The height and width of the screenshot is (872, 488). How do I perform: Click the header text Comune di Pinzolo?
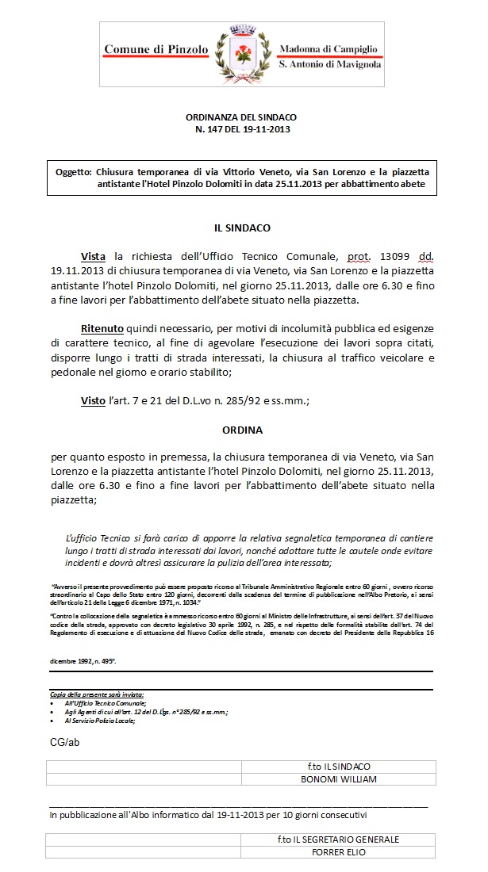[156, 49]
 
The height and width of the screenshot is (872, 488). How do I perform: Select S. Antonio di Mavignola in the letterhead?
[329, 63]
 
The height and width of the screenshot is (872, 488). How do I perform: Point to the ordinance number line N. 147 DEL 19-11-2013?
[243, 128]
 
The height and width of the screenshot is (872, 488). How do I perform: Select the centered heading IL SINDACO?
[243, 228]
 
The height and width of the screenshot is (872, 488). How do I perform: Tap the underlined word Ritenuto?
[102, 328]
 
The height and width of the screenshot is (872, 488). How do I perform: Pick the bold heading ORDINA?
[243, 430]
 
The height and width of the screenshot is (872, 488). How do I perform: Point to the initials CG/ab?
[63, 742]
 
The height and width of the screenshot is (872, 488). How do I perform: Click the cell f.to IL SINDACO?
[338, 767]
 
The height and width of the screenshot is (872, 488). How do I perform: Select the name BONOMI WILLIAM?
[338, 778]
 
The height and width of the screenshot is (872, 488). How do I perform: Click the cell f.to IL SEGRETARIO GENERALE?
[338, 839]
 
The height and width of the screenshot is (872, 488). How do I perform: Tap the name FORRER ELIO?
[338, 852]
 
